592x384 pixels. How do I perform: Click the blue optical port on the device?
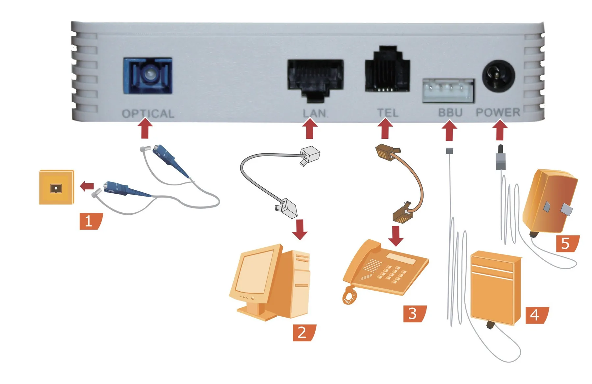click(x=148, y=76)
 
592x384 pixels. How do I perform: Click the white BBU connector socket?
click(x=448, y=90)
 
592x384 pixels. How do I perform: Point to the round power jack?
click(x=499, y=76)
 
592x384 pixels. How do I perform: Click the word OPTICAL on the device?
click(x=148, y=114)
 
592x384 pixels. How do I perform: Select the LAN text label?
click(x=315, y=113)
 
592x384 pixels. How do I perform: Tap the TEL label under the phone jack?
click(x=387, y=113)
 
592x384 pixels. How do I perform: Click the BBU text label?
click(x=450, y=112)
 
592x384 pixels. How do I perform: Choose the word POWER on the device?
click(x=498, y=112)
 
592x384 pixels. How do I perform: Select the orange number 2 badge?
click(x=303, y=333)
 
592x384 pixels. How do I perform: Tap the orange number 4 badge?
click(x=536, y=315)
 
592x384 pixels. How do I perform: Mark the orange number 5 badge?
click(x=566, y=244)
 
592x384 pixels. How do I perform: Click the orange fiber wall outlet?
click(x=56, y=187)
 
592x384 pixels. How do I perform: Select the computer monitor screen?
click(x=254, y=272)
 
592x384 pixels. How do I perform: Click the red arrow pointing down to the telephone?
click(x=396, y=236)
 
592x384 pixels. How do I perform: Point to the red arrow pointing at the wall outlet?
click(x=87, y=186)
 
